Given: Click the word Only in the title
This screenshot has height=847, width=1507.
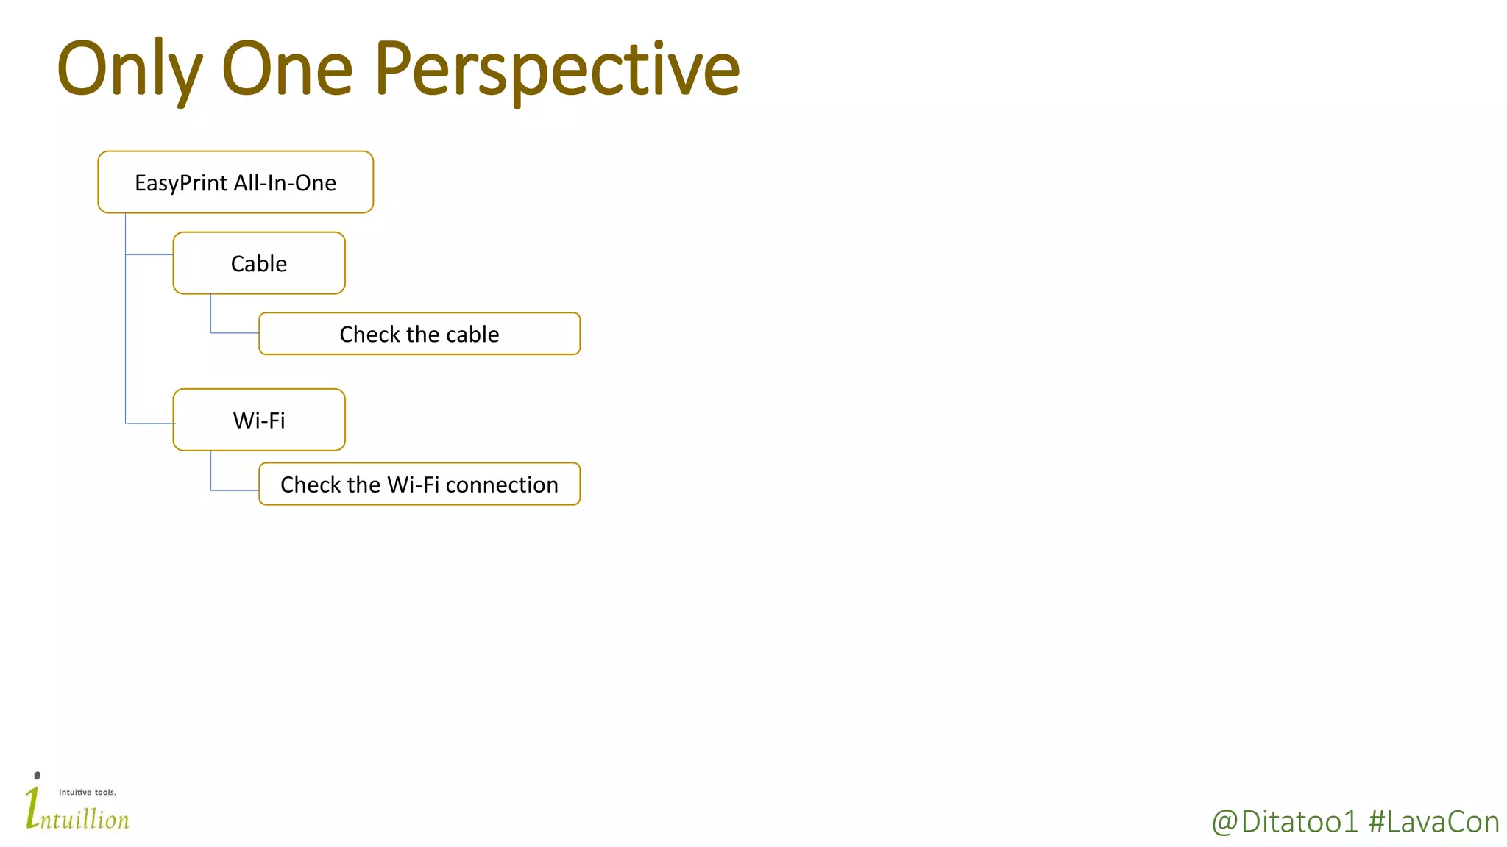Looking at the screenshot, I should pyautogui.click(x=129, y=70).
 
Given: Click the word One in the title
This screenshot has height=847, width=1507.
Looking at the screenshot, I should pyautogui.click(x=287, y=70).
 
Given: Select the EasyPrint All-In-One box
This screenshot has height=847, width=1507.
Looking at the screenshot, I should pyautogui.click(x=235, y=182).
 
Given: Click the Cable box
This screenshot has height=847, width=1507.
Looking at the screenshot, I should pyautogui.click(x=259, y=263).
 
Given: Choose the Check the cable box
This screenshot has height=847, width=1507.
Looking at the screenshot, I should pyautogui.click(x=419, y=334).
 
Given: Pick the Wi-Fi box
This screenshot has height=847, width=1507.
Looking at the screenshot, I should pyautogui.click(x=259, y=420).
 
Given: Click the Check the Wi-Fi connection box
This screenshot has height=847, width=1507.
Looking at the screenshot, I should pyautogui.click(x=419, y=484).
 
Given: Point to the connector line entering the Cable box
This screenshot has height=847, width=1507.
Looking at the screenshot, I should pyautogui.click(x=149, y=254).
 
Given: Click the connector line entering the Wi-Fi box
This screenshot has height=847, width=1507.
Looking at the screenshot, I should pyautogui.click(x=151, y=423).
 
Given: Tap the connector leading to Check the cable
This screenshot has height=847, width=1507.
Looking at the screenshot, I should pyautogui.click(x=234, y=332).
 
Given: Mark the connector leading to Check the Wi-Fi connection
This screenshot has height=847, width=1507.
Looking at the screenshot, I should pyautogui.click(x=234, y=490).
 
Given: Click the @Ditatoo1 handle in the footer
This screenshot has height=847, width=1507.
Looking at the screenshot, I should pyautogui.click(x=1284, y=822).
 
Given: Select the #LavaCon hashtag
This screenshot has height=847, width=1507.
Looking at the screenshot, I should pyautogui.click(x=1433, y=822).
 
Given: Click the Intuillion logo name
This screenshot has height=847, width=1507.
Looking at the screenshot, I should pyautogui.click(x=82, y=818).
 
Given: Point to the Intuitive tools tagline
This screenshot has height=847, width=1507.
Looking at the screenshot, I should pyautogui.click(x=88, y=793).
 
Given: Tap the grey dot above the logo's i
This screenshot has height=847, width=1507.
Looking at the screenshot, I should pyautogui.click(x=38, y=776).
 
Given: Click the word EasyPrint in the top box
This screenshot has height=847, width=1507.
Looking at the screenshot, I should pyautogui.click(x=181, y=183).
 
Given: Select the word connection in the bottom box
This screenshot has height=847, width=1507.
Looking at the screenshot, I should pyautogui.click(x=502, y=485).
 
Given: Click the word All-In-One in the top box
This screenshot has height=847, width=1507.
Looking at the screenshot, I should pyautogui.click(x=285, y=183).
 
